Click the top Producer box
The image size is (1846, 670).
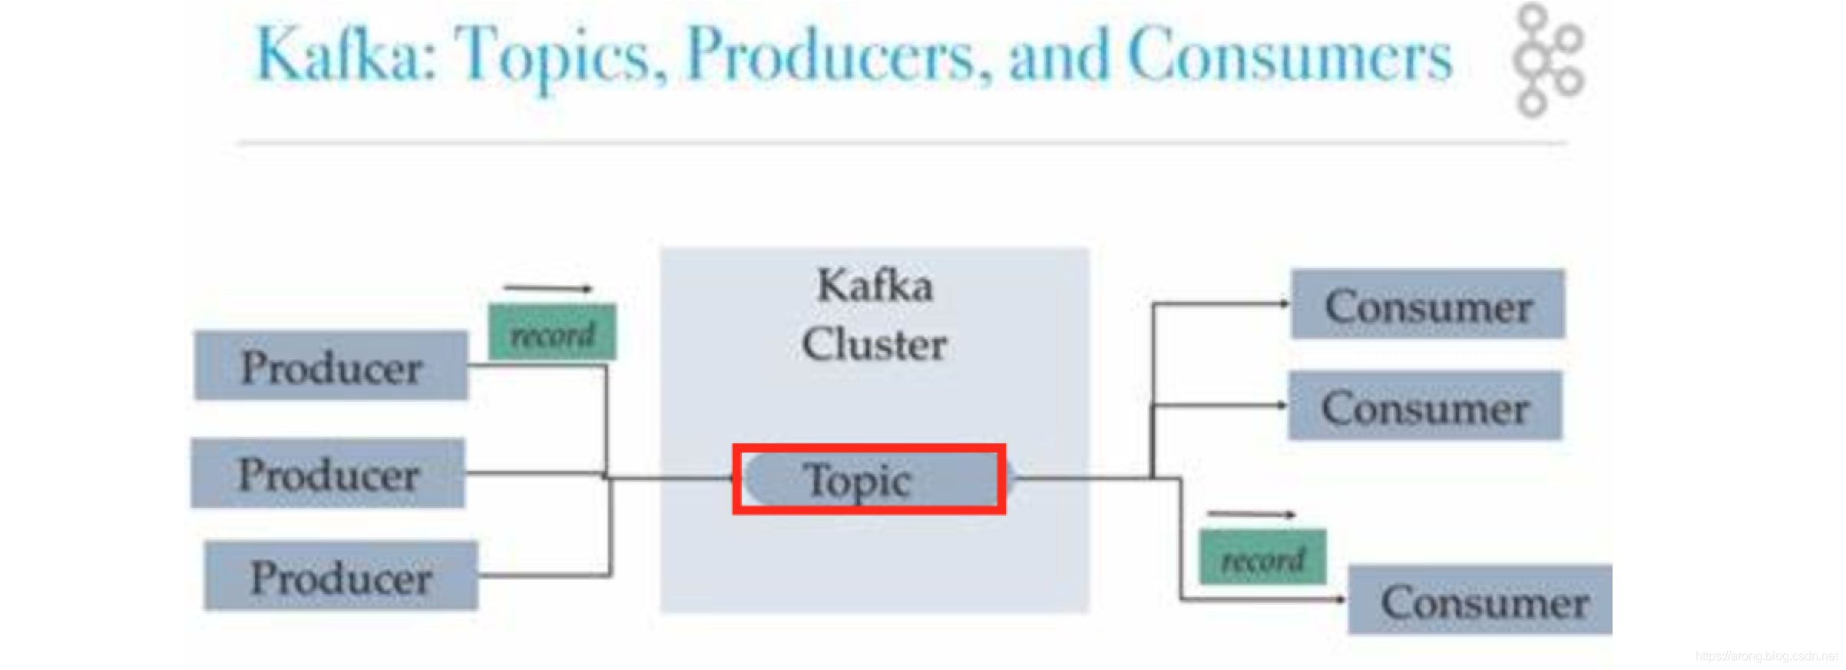[x=331, y=366]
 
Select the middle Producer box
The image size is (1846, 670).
[x=328, y=473]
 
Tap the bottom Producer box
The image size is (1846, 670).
[x=341, y=576]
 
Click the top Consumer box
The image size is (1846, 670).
[x=1428, y=304]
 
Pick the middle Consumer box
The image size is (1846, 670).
[x=1425, y=406]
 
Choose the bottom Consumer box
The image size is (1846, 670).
[x=1480, y=600]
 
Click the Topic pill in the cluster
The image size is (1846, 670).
[x=869, y=479]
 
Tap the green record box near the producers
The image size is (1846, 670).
[x=553, y=333]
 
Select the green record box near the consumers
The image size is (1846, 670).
[x=1263, y=557]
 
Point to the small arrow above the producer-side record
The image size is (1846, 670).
[x=548, y=289]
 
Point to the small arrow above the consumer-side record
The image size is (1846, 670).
[x=1251, y=514]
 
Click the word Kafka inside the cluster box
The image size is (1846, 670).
[x=875, y=286]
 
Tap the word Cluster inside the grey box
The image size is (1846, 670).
[x=875, y=343]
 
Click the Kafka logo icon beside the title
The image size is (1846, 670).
[x=1547, y=60]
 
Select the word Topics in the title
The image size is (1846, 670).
[x=561, y=55]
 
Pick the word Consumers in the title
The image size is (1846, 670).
[x=1290, y=55]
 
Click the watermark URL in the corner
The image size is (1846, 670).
[x=1766, y=656]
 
